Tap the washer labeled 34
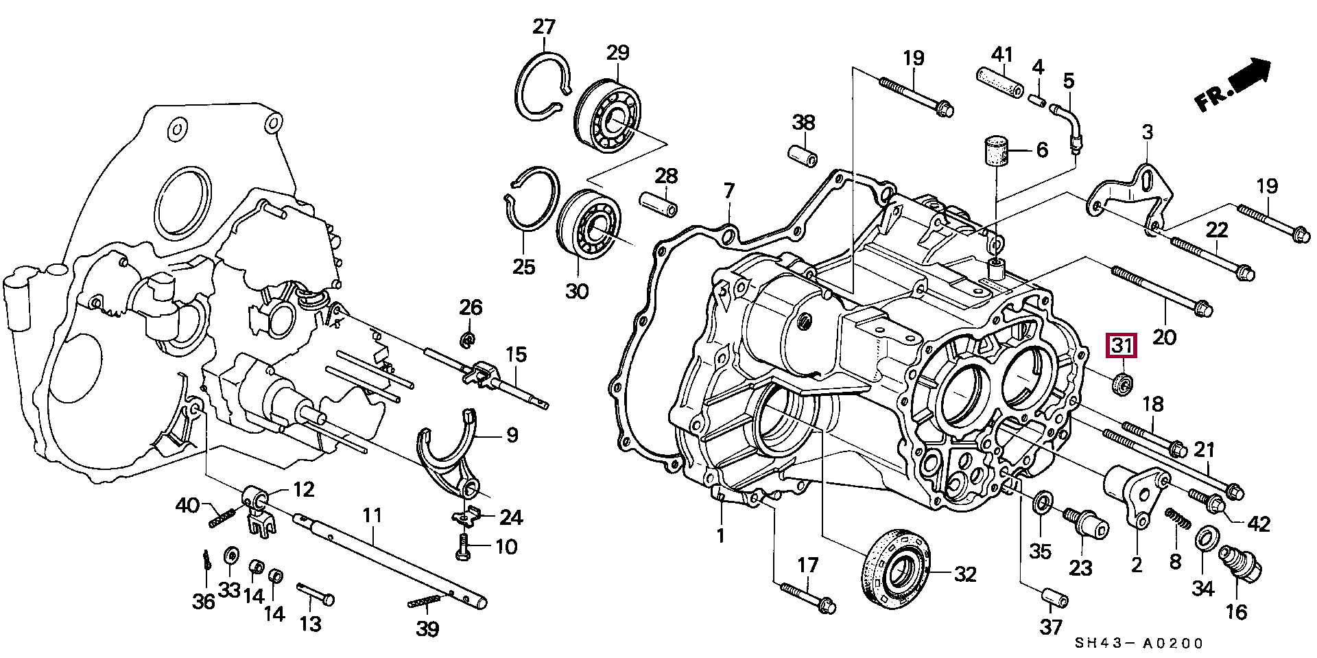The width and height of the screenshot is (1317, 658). point(1205,539)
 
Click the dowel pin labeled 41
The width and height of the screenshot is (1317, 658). point(1001,82)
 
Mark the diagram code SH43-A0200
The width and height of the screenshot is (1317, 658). point(1138,644)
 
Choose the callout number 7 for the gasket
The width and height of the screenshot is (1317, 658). point(729,191)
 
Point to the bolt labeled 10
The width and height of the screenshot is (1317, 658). point(463,547)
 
